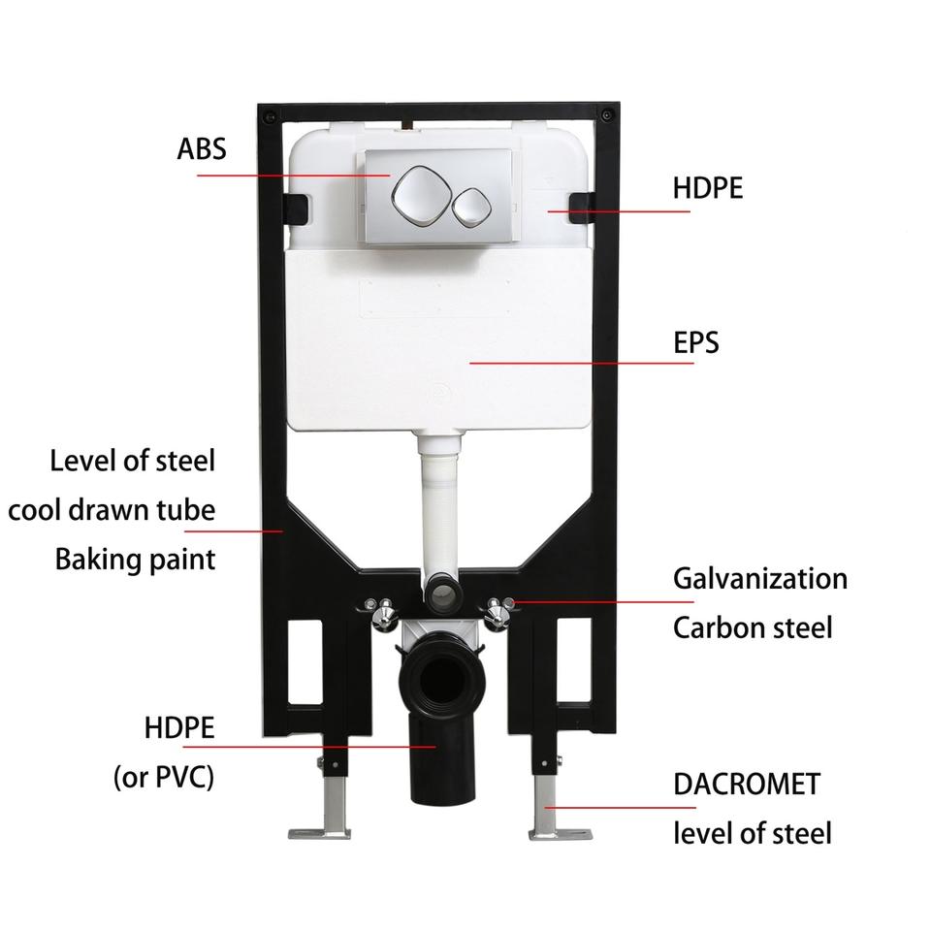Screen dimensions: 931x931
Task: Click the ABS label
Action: pyautogui.click(x=201, y=149)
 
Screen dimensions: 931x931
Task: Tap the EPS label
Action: pyautogui.click(x=696, y=342)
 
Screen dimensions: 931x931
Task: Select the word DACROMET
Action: pyautogui.click(x=747, y=784)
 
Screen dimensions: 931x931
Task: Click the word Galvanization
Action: pyautogui.click(x=760, y=579)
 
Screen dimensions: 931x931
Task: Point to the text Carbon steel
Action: pyautogui.click(x=753, y=627)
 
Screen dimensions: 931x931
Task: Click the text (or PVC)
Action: pyautogui.click(x=164, y=777)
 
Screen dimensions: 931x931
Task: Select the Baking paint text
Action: pyautogui.click(x=135, y=559)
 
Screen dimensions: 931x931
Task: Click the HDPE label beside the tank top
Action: pyautogui.click(x=708, y=187)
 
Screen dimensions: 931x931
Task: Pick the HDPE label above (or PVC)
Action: pyautogui.click(x=178, y=727)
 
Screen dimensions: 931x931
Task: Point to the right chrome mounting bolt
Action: pyautogui.click(x=500, y=611)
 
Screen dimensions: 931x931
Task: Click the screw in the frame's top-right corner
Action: pyautogui.click(x=607, y=114)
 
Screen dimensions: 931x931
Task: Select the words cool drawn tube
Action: pyautogui.click(x=112, y=509)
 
